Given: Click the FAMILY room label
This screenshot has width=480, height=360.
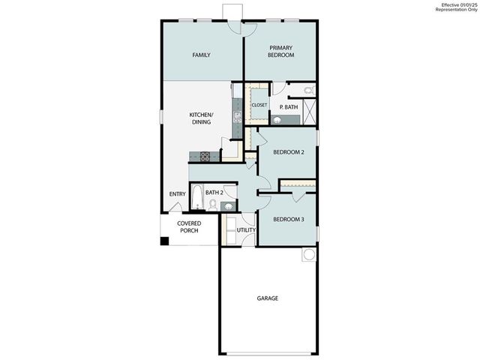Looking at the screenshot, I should pos(200,55).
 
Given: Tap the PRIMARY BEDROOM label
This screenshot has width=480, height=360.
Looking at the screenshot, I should pos(280,51).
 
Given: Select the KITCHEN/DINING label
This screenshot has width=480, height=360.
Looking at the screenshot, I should pos(200,118).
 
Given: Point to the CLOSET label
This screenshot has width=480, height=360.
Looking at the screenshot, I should pos(259,105).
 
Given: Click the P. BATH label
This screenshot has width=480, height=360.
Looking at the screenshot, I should pos(289,107).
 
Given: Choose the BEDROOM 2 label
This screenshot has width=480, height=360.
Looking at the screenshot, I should pos(288,152).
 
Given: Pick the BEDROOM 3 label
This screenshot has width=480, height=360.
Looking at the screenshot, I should pos(288,219).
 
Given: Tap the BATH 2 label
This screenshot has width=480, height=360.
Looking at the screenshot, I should pos(214,193).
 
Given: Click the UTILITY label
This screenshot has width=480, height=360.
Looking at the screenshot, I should pos(246,230).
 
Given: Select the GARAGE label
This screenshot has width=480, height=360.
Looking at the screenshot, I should pos(268,298).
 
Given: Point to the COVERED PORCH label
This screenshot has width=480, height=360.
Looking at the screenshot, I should pos(188,226).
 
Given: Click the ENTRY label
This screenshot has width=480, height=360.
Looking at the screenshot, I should pos(177,194).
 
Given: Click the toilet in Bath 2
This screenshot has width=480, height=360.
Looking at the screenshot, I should pos(213,203).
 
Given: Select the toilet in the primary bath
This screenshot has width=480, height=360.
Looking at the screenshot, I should pos(309,91).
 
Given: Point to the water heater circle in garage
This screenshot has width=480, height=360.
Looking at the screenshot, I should pos(309,255).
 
